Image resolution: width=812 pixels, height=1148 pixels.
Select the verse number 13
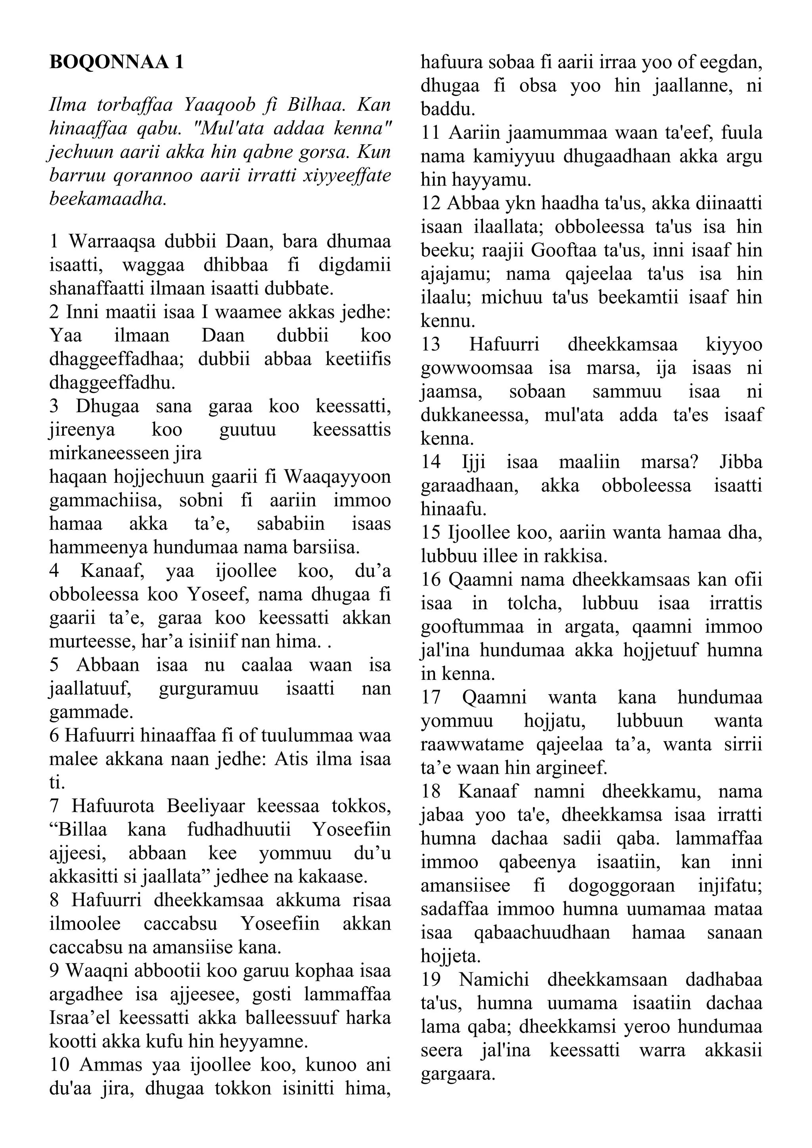[431, 344]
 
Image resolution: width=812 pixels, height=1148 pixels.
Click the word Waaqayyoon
[337, 476]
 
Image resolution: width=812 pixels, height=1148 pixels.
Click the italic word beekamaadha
[107, 199]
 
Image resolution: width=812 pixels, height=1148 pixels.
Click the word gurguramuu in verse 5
[209, 689]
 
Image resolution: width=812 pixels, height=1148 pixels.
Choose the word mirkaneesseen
[109, 453]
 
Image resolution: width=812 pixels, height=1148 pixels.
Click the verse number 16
[431, 580]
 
